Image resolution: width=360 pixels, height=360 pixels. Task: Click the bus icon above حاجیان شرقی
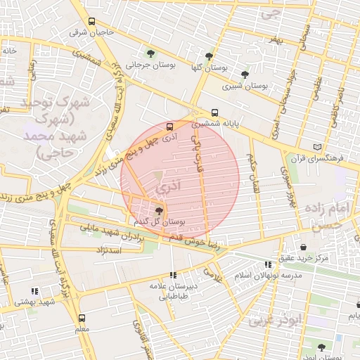click(92, 22)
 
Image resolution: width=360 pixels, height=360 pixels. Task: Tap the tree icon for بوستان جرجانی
click(150, 53)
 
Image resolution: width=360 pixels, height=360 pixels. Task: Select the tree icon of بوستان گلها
click(208, 56)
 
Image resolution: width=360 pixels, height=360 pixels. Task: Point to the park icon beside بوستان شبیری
click(245, 74)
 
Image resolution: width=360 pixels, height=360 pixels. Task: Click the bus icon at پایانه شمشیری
click(214, 112)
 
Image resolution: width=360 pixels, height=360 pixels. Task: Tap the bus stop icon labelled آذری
click(169, 127)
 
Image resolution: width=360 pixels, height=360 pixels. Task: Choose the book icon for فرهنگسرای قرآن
click(317, 147)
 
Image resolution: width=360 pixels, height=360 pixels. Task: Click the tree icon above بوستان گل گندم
click(159, 210)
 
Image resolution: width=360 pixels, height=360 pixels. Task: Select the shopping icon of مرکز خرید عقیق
click(303, 247)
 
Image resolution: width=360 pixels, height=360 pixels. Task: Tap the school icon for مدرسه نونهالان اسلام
click(267, 264)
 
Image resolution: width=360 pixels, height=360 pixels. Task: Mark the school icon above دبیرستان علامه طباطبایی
click(173, 276)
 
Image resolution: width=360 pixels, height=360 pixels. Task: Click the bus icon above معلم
click(82, 318)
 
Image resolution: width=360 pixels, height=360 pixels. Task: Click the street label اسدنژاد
click(109, 250)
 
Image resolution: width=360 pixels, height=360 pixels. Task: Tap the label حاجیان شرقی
click(93, 32)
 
